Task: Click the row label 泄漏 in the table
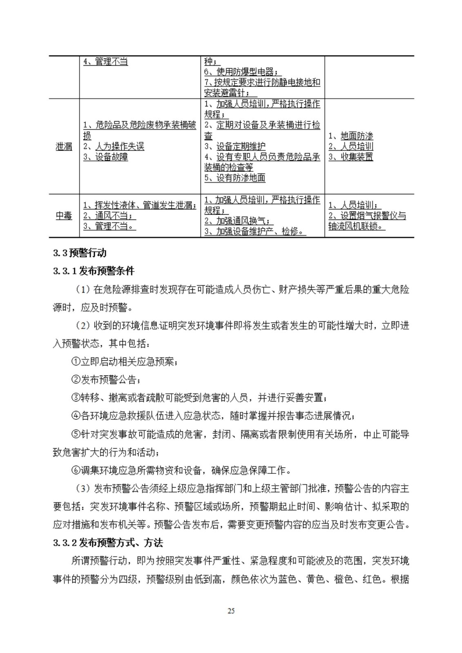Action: tap(64, 147)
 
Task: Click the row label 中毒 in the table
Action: tap(64, 215)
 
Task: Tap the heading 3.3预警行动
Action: tap(80, 253)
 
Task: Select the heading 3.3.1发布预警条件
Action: tap(94, 271)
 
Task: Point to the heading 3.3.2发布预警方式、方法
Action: tap(108, 543)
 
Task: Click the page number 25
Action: tap(231, 611)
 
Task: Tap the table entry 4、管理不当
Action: tap(105, 62)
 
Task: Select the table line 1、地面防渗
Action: tap(351, 136)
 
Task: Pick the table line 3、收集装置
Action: tap(351, 157)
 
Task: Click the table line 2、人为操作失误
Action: tap(114, 147)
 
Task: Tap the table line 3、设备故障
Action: tap(105, 157)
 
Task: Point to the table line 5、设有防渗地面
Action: tap(235, 178)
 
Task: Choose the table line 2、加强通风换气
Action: tap(238, 221)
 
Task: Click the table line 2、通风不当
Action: tap(109, 215)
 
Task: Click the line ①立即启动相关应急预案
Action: tap(124, 362)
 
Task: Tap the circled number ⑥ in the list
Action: tap(76, 471)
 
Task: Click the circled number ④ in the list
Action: tap(76, 416)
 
